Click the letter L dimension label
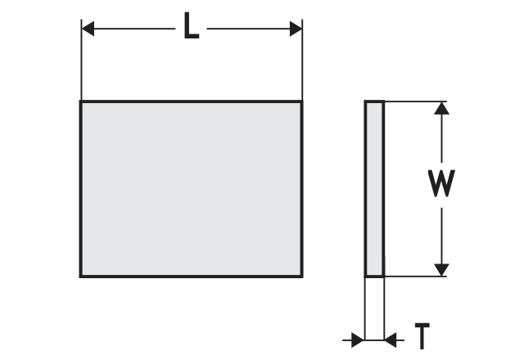[x=191, y=29]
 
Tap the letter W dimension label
[x=441, y=185]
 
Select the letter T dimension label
[x=422, y=335]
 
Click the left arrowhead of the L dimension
[x=89, y=29]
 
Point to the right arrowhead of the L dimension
[x=295, y=29]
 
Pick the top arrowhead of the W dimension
[x=441, y=110]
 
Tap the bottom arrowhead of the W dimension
[x=441, y=268]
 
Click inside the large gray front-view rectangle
[x=191, y=188]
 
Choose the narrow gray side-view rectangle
[x=374, y=188]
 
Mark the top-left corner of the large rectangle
[x=80, y=101]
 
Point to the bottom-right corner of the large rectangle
[x=302, y=277]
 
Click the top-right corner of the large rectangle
[x=302, y=101]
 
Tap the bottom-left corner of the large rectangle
[x=80, y=277]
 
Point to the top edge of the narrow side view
[x=374, y=101]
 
